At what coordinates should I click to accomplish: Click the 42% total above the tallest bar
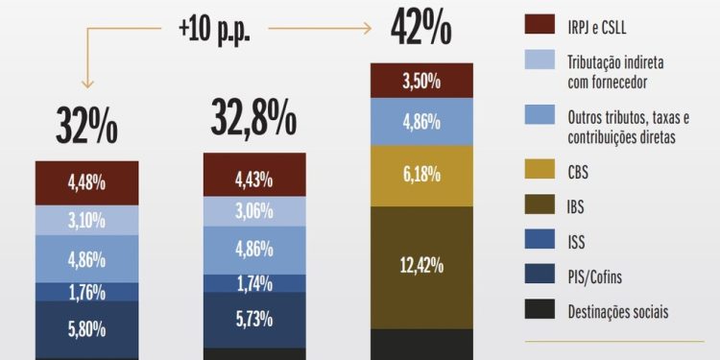(420, 30)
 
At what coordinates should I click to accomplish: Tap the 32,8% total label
(254, 118)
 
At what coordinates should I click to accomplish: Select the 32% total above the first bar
(87, 127)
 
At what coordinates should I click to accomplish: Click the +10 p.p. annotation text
(214, 28)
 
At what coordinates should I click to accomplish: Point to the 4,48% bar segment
(87, 182)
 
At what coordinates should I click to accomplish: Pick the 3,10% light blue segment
(87, 220)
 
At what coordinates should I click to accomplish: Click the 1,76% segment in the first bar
(87, 292)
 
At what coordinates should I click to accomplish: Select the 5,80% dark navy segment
(87, 328)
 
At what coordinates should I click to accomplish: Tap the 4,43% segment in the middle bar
(254, 179)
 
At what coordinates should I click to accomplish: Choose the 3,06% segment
(254, 212)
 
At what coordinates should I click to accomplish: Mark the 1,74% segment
(254, 284)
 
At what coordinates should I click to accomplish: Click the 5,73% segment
(254, 320)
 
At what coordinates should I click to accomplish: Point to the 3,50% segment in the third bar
(421, 81)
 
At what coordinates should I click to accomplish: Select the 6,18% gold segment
(421, 175)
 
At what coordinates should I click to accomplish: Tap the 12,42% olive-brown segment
(421, 266)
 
